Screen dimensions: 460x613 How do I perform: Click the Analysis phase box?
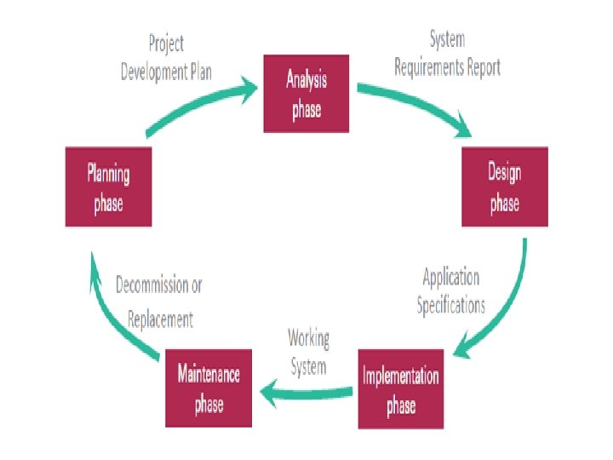[x=306, y=94]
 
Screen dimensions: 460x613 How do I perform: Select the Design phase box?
[x=504, y=187]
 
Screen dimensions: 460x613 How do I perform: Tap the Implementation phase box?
[x=401, y=388]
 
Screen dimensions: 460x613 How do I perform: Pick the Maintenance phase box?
[x=209, y=388]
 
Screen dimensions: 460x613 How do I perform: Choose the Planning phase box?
[x=108, y=187]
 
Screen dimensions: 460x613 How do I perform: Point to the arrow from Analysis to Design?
[x=417, y=106]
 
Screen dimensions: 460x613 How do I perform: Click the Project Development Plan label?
[x=165, y=58]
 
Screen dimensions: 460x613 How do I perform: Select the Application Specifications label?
[x=451, y=291]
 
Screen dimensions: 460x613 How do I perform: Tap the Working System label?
[x=307, y=352]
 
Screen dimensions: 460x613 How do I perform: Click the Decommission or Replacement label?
[x=159, y=302]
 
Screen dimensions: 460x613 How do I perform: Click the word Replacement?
[x=160, y=319]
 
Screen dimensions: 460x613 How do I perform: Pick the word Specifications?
[x=451, y=305]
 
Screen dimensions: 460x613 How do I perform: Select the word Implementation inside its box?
[x=401, y=377]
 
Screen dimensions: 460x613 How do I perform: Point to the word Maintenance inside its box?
[x=209, y=374]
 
